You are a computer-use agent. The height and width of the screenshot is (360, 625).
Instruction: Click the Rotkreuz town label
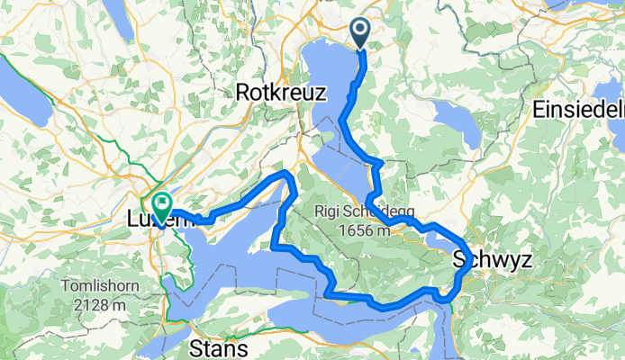[275, 91]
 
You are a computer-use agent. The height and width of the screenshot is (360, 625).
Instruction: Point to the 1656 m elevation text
[366, 230]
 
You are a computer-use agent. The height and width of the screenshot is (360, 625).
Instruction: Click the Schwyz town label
[492, 260]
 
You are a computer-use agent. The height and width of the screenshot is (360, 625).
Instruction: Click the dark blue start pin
[359, 34]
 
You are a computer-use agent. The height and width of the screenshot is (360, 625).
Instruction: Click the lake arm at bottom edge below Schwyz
[436, 337]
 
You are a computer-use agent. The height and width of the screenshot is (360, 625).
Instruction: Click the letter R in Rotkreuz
[242, 91]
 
